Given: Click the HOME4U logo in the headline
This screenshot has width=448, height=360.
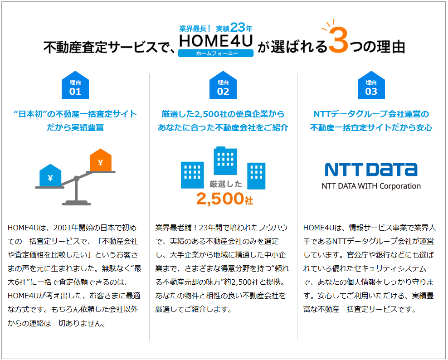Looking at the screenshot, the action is [x=216, y=41].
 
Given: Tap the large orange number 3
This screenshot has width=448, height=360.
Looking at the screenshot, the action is [x=338, y=40].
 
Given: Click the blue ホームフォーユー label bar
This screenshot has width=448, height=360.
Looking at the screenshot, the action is [x=216, y=53].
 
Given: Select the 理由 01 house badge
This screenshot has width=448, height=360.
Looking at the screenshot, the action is [x=75, y=85].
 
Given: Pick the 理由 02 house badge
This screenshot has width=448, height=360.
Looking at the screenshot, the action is [x=223, y=85].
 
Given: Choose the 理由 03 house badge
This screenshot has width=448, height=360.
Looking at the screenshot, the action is [x=371, y=85].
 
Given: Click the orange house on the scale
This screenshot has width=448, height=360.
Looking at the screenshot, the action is [x=101, y=160].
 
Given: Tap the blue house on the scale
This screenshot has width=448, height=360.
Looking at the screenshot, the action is [x=50, y=175].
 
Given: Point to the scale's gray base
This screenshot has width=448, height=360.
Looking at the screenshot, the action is [x=76, y=204].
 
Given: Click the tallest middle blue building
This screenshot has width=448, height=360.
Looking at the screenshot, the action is [x=225, y=161].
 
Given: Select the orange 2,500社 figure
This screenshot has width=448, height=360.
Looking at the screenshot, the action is [x=224, y=199].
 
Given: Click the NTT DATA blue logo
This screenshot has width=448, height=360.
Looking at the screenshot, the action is [x=371, y=170].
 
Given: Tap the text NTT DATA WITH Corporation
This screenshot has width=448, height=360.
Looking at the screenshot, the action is [x=371, y=186].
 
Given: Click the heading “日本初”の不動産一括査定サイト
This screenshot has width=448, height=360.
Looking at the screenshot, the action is [x=75, y=114].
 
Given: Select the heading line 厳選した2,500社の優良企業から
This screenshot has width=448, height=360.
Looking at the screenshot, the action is [x=223, y=114].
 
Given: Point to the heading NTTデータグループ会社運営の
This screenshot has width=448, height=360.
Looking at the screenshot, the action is [x=371, y=114].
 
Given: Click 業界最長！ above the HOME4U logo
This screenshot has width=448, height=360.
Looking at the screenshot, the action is [x=195, y=29].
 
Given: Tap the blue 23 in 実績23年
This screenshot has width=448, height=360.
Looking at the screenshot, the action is [x=238, y=27].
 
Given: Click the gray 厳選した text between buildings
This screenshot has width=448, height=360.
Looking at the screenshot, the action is [x=226, y=184].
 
